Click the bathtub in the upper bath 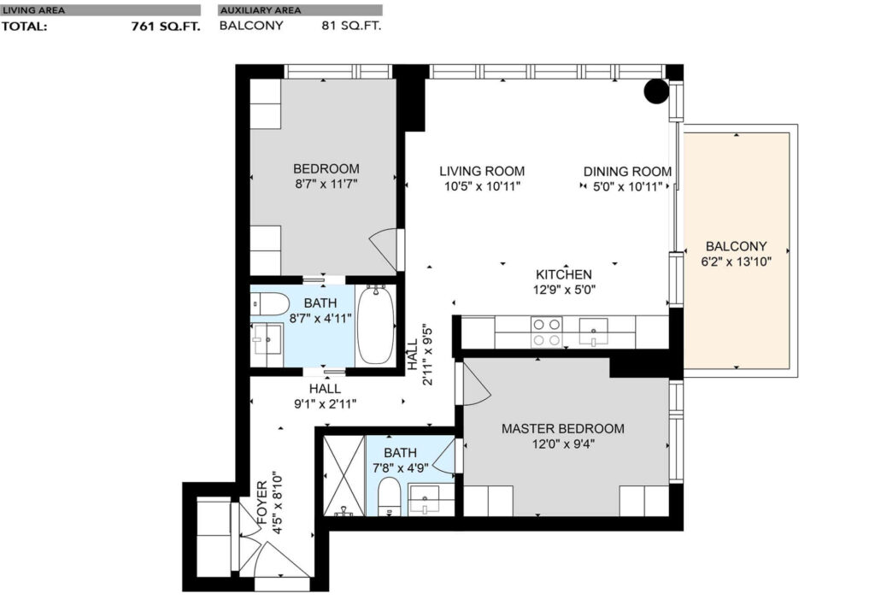click(375, 326)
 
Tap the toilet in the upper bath click(267, 304)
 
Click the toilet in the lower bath click(388, 497)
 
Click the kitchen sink click(593, 330)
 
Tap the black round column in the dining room click(656, 91)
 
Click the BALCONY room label click(736, 245)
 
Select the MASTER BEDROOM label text click(562, 428)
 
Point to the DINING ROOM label click(626, 171)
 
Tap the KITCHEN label click(563, 274)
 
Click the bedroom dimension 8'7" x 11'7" click(326, 184)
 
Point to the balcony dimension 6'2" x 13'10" click(736, 261)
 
